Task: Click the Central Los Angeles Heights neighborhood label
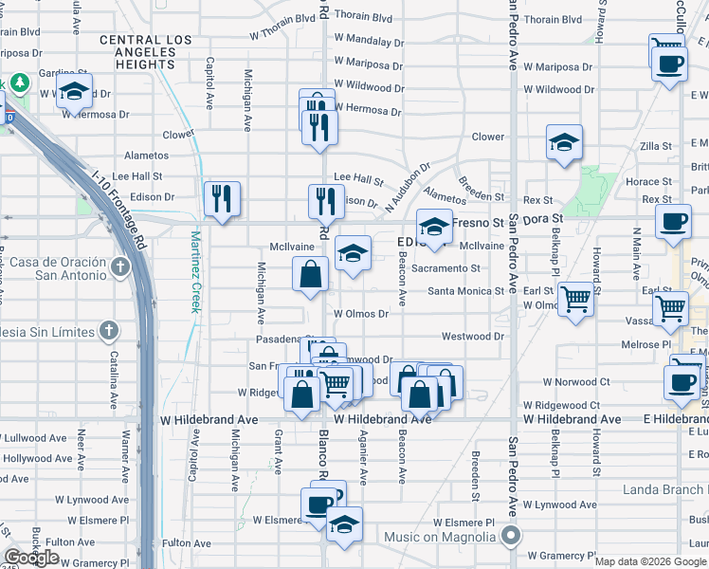pos(146,52)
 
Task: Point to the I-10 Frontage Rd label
pos(122,211)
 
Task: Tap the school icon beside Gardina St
pos(73,92)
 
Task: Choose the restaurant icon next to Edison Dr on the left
pos(222,198)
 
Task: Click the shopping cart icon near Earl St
pos(576,299)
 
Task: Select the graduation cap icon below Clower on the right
pos(564,142)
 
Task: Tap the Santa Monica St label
pos(465,291)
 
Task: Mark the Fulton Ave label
pos(65,541)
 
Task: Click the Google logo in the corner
pos(32,558)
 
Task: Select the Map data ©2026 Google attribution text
pos(650,561)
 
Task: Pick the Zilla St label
pos(655,146)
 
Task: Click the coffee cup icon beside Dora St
pos(673,222)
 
